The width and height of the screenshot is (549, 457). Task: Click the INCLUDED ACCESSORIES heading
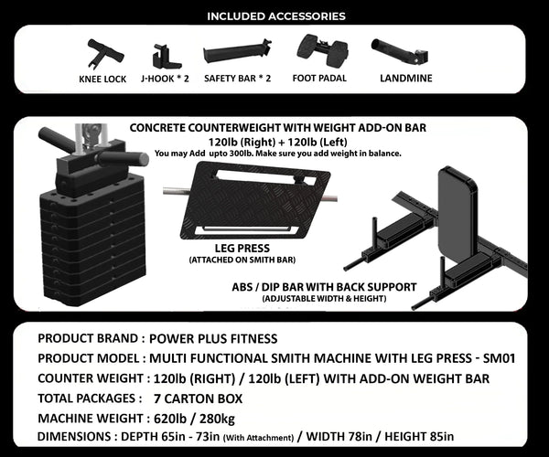pyautogui.click(x=275, y=16)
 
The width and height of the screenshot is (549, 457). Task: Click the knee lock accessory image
pyautogui.click(x=100, y=51)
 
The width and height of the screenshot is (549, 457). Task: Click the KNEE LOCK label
pyautogui.click(x=102, y=80)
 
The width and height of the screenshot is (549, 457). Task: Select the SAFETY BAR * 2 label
pyautogui.click(x=237, y=79)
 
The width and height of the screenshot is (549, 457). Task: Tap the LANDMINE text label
pyautogui.click(x=405, y=78)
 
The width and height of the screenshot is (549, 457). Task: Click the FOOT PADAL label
pyautogui.click(x=318, y=79)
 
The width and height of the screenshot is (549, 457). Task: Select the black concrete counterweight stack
pyautogui.click(x=78, y=238)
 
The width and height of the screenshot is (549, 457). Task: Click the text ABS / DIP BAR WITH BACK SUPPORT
pyautogui.click(x=325, y=287)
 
